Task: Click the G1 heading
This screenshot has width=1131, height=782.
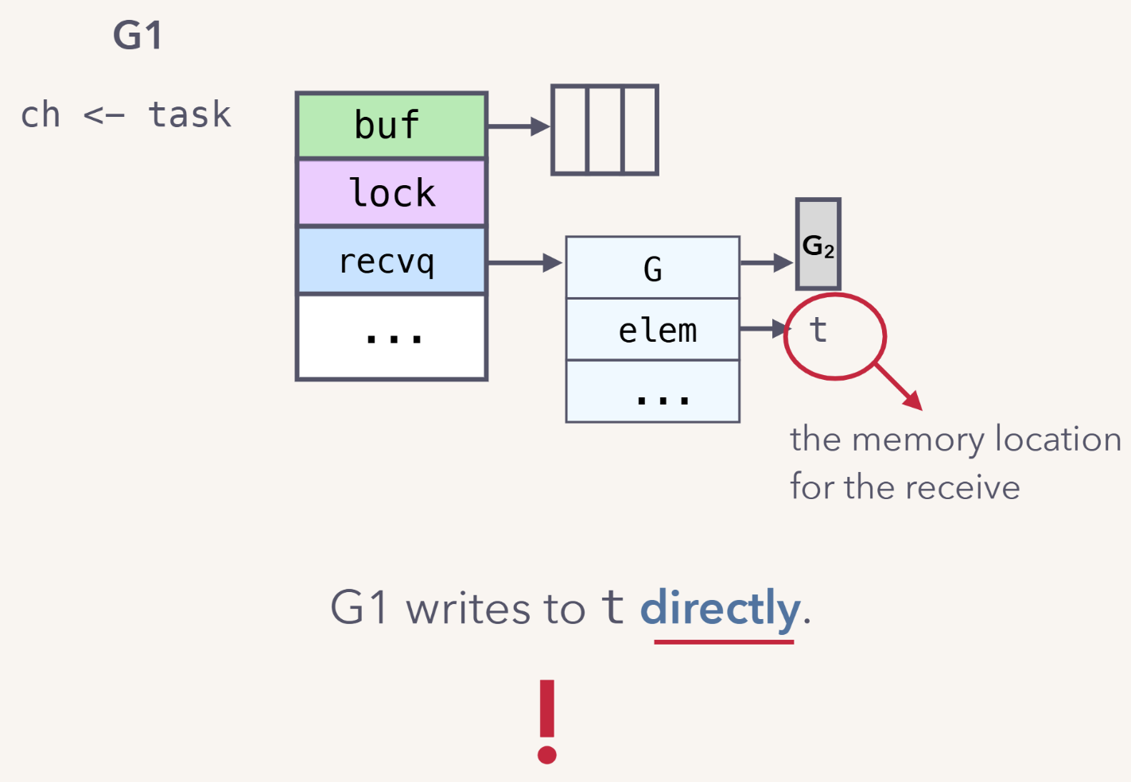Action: pos(138,36)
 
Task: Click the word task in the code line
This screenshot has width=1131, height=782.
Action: pos(189,115)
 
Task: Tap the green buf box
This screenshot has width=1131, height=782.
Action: pos(391,126)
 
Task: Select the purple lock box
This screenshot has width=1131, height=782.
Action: pos(391,193)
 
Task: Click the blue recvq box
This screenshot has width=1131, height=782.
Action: pos(391,261)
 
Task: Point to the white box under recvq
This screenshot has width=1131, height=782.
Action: pos(391,337)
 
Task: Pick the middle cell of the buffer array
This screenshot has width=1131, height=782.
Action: pos(604,130)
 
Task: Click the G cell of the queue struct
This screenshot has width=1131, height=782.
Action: pos(652,269)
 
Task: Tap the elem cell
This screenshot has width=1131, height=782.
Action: pos(652,330)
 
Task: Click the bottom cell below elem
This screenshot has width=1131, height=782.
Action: pos(652,392)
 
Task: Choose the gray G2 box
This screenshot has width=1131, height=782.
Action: pos(818,244)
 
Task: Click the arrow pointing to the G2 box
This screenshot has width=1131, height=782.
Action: pos(767,262)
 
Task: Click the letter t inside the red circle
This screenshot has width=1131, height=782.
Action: pos(818,330)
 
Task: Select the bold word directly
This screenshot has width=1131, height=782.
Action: pos(720,609)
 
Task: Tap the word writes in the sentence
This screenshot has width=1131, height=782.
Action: pos(468,610)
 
